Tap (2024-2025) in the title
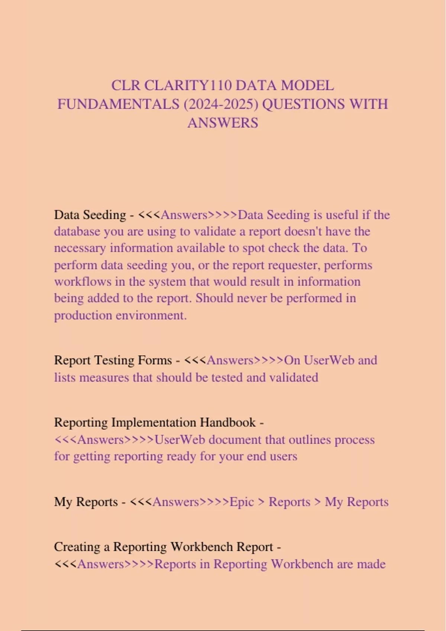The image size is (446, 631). [221, 104]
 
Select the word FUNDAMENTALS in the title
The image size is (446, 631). [118, 104]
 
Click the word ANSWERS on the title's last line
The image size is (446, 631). [223, 123]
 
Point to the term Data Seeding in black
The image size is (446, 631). [90, 215]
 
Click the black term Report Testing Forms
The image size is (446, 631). [113, 360]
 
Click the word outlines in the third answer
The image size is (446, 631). [310, 440]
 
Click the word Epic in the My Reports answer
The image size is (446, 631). [242, 502]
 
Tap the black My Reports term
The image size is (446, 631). [86, 502]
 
